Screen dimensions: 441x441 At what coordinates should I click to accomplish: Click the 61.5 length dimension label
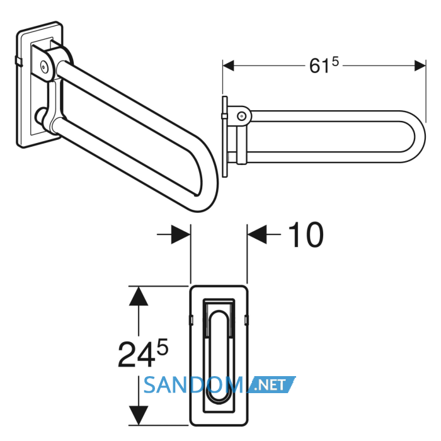(x=324, y=66)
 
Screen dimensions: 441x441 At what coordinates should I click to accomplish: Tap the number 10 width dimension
(x=306, y=234)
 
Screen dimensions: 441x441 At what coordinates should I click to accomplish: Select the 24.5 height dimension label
(x=143, y=353)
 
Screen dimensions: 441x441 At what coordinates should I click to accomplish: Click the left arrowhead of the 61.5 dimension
(x=228, y=66)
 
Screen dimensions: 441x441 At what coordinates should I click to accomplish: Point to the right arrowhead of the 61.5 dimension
(x=420, y=66)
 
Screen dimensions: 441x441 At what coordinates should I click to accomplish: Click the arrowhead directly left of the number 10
(x=257, y=234)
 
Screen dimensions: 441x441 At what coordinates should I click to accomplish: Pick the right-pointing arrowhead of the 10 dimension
(x=181, y=234)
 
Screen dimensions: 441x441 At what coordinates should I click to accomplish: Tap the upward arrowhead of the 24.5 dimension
(x=139, y=296)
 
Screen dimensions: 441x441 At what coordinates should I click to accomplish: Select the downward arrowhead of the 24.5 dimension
(x=139, y=415)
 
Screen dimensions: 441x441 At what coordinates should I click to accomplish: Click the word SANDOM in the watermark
(x=193, y=385)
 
